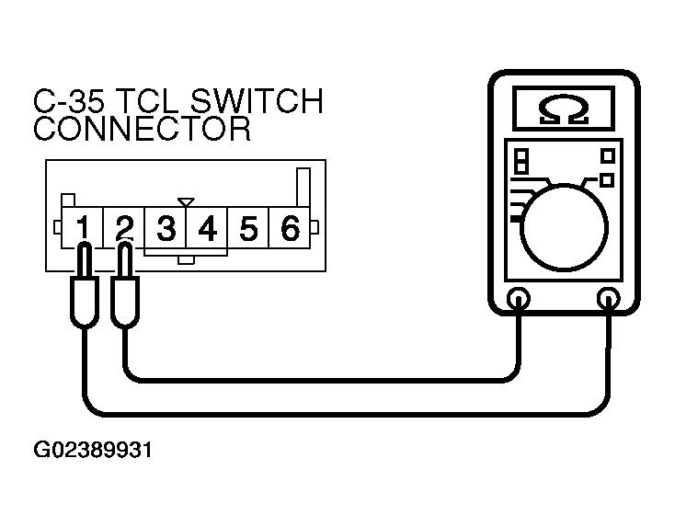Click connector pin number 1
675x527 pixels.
84,227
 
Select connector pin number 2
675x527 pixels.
125,227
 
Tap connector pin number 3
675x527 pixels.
166,227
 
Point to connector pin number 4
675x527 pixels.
208,227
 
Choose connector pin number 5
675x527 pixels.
248,227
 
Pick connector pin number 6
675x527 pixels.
289,227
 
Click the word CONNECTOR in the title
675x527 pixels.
141,129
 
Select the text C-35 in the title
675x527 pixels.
69,100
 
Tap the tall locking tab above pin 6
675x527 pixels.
301,189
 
